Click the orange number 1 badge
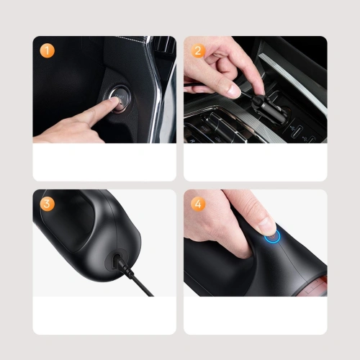click(x=48, y=50)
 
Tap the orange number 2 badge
click(x=198, y=50)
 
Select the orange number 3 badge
click(x=48, y=204)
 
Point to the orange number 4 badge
click(x=198, y=204)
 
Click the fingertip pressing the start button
click(x=114, y=102)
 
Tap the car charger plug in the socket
click(x=269, y=109)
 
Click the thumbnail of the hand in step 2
click(x=233, y=91)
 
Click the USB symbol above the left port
click(x=292, y=127)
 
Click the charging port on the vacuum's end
click(x=116, y=260)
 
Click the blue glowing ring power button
click(x=272, y=236)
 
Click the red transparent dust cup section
click(x=317, y=286)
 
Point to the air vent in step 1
click(x=164, y=45)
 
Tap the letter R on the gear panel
click(x=192, y=140)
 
